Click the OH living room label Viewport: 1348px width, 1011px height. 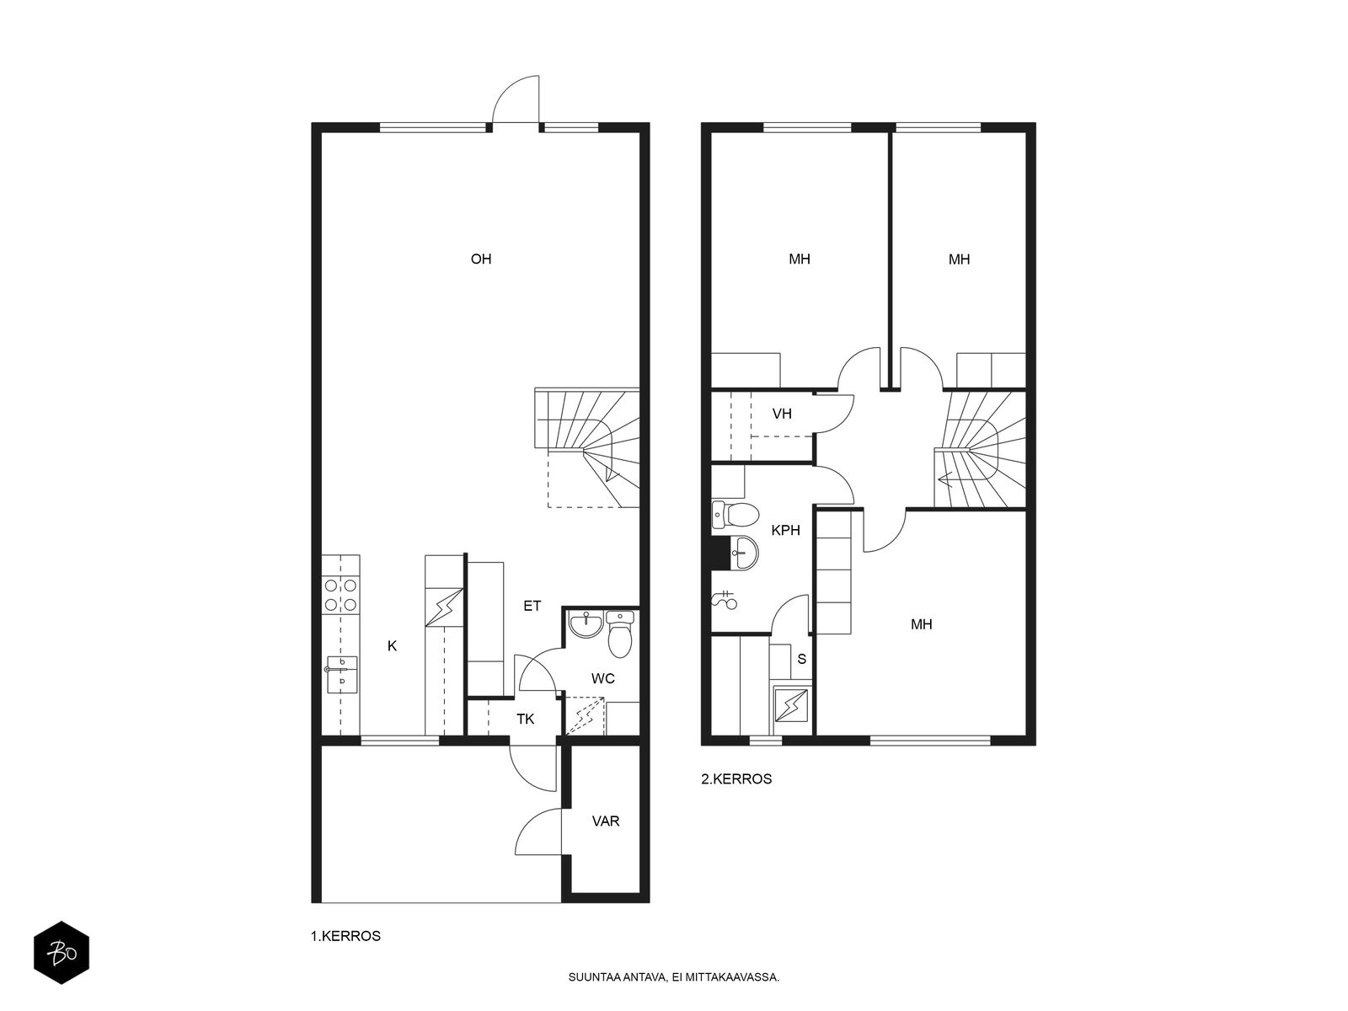[481, 259]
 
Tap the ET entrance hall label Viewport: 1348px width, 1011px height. [532, 606]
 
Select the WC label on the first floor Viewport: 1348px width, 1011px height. [602, 678]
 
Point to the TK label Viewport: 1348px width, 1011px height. [525, 719]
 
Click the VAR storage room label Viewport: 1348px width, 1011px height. [606, 821]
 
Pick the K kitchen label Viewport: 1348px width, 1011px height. [392, 645]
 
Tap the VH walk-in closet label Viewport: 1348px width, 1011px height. [782, 414]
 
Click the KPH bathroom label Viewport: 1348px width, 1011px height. [785, 530]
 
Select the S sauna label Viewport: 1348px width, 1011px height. [801, 660]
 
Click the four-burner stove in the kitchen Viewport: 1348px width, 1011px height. [340, 595]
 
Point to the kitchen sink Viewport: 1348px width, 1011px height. [341, 674]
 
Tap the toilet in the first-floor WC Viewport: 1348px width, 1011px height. [619, 634]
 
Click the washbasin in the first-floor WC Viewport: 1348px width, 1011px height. [586, 624]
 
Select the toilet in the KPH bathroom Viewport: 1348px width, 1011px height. [736, 516]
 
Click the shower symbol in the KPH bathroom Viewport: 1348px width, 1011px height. [725, 600]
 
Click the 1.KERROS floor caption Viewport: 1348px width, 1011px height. [345, 936]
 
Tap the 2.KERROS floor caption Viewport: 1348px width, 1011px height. [736, 779]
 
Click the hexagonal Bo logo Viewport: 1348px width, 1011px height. [62, 953]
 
